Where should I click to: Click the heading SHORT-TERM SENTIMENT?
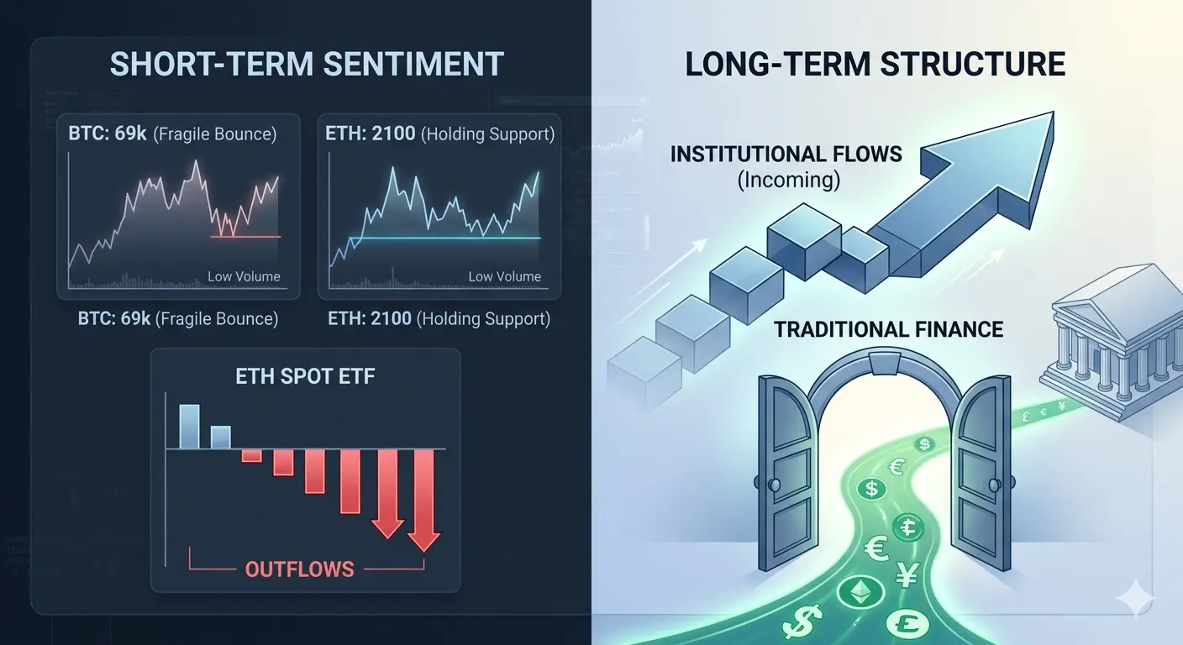pos(307,65)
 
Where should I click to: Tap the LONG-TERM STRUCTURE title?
pos(875,65)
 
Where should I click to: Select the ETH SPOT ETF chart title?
pos(305,376)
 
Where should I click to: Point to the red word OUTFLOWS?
pos(299,569)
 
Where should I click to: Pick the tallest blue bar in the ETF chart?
pos(190,427)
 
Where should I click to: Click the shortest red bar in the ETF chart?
pos(252,455)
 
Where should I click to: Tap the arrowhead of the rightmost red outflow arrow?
pos(424,541)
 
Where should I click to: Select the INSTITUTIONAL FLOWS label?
pos(786,155)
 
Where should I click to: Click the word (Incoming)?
pos(788,180)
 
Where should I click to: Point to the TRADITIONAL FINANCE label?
pos(888,329)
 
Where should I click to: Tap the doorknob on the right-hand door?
pos(995,484)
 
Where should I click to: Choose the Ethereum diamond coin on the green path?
pos(861,593)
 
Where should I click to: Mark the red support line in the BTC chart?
pos(245,237)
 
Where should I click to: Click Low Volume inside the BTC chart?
pos(244,276)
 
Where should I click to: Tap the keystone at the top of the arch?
pos(885,363)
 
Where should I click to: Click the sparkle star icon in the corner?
pos(1135,597)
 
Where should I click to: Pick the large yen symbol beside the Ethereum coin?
pos(907,574)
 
